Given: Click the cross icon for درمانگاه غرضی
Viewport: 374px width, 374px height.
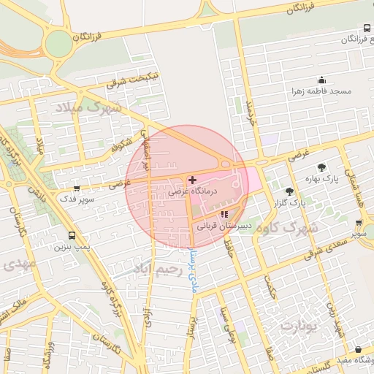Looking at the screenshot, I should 192,180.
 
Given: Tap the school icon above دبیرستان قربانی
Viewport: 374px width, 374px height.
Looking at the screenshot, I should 224,214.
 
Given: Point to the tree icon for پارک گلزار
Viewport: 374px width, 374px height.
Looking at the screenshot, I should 290,191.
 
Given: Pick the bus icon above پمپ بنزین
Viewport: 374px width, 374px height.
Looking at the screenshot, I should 72,235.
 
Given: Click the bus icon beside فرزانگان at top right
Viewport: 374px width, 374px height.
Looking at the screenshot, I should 367,28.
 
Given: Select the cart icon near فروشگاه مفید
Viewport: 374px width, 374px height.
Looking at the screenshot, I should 358,351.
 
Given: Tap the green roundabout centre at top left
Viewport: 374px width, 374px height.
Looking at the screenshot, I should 58,44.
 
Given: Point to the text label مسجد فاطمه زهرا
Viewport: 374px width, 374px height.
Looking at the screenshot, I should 321,92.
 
